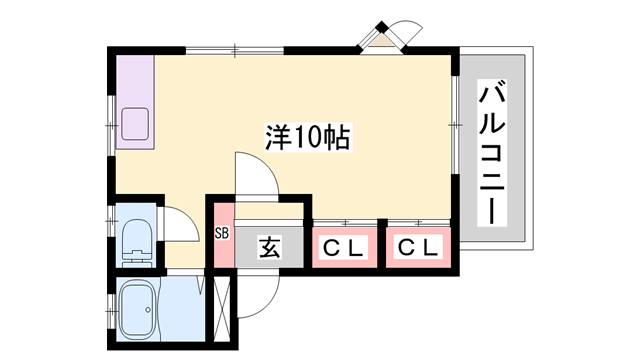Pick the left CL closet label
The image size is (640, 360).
(343, 247)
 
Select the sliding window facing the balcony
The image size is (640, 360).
(455, 125)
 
